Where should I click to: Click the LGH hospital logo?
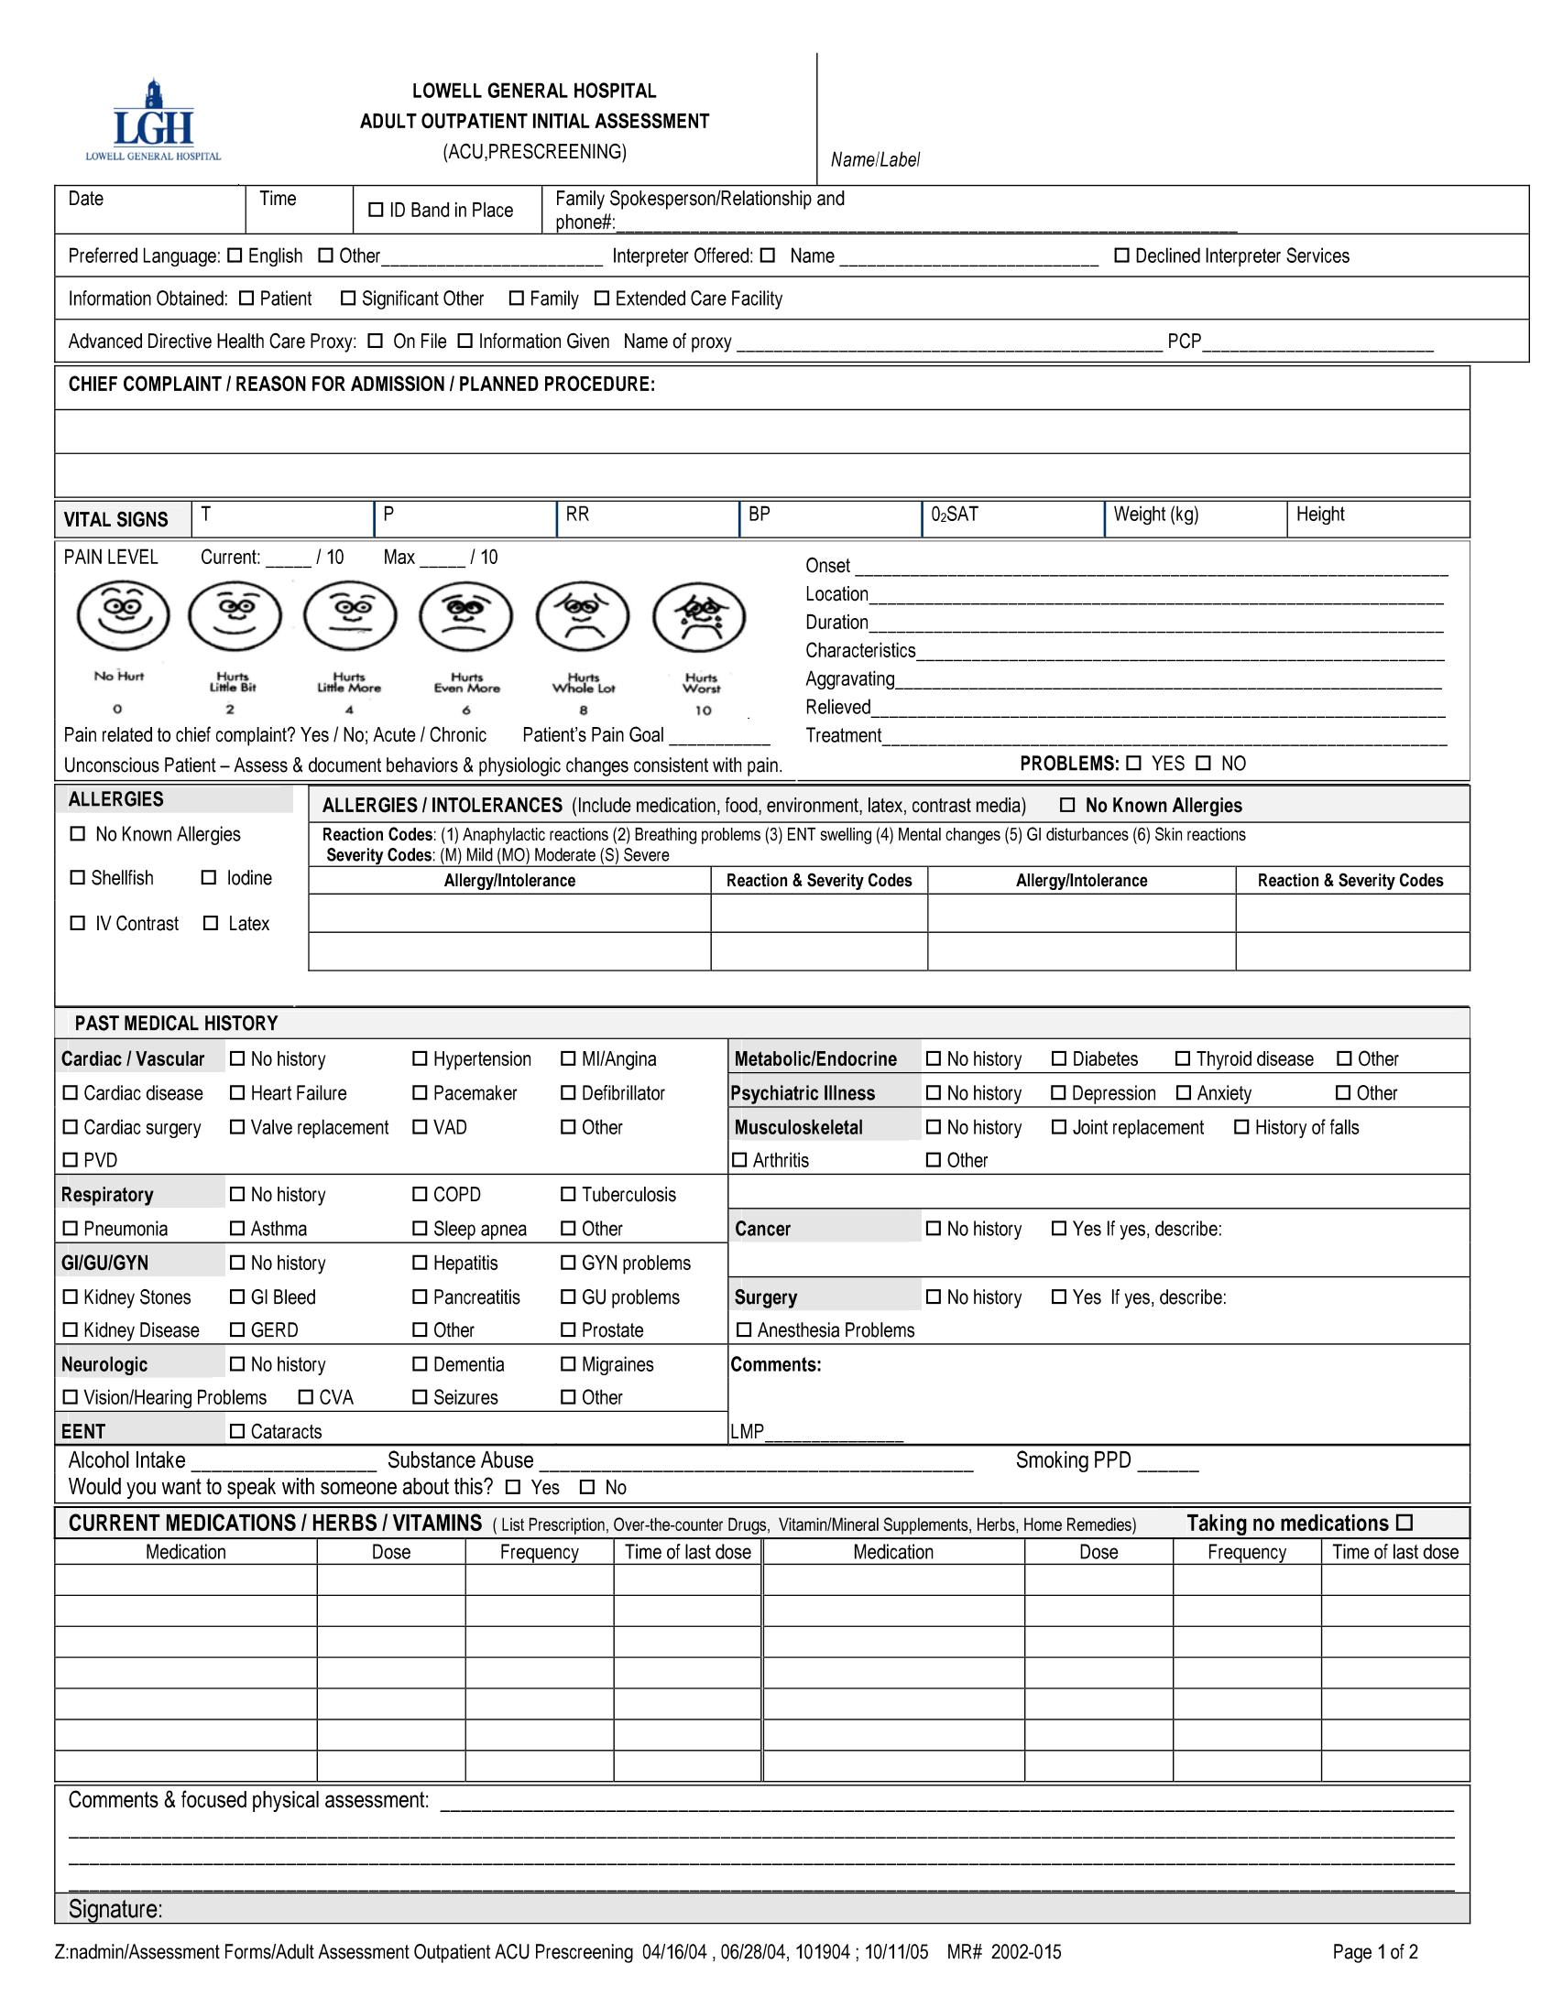pos(154,120)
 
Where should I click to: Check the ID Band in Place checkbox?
pos(375,211)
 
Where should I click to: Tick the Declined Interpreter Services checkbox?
pos(1121,255)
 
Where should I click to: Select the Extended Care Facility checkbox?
pos(602,298)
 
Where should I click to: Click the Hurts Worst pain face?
pos(699,616)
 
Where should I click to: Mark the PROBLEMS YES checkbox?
pos(1133,763)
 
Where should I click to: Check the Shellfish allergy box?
pos(77,877)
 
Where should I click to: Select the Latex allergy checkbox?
pos(211,923)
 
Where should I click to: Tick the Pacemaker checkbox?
pos(420,1092)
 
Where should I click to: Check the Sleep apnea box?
pos(420,1229)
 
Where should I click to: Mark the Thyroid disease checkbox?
pos(1184,1058)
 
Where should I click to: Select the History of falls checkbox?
pos(1241,1126)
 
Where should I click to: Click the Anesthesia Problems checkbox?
pos(744,1329)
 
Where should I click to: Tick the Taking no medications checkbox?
pos(1404,1523)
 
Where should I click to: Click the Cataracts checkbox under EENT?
pos(237,1431)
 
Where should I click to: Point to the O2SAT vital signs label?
pos(955,515)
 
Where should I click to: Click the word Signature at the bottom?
pos(115,1910)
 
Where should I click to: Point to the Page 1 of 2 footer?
pos(1374,1952)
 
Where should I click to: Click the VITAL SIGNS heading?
pos(115,520)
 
